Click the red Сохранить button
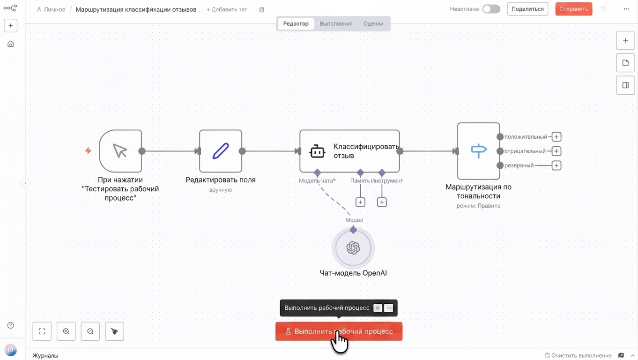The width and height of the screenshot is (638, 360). click(574, 9)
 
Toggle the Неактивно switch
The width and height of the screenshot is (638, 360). click(491, 9)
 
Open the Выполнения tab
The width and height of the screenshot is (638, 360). click(336, 23)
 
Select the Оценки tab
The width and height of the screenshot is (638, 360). click(373, 23)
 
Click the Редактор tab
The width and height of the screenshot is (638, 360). click(296, 23)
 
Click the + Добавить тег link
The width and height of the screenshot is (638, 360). click(227, 9)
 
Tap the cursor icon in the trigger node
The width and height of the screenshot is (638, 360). click(120, 151)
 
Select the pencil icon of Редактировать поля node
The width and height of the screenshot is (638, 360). click(221, 151)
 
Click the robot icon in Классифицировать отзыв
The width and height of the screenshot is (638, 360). click(317, 151)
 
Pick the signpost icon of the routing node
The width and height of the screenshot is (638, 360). click(479, 150)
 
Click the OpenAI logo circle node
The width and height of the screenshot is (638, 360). click(353, 247)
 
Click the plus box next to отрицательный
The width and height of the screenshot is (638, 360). click(556, 151)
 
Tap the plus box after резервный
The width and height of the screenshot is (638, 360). click(556, 165)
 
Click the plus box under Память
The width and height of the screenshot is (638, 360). click(360, 202)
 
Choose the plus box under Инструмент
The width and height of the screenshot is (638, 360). click(382, 202)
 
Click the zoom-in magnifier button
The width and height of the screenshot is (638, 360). click(66, 331)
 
